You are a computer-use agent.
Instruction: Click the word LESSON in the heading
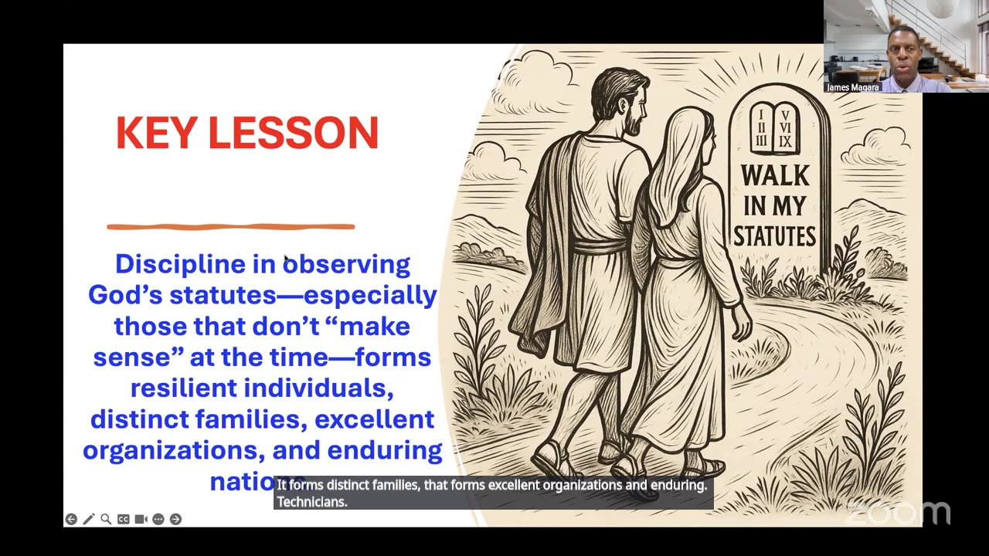[294, 134]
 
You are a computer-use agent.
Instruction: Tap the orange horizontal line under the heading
[230, 226]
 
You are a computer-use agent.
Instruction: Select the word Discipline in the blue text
[180, 264]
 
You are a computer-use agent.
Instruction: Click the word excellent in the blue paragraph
[374, 419]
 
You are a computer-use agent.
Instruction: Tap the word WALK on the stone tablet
[775, 176]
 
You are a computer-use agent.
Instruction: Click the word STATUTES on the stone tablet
[775, 236]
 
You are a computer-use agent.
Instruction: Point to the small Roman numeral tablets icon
[775, 127]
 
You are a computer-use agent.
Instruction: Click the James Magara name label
[853, 87]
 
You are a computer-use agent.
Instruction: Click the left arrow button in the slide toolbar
[71, 519]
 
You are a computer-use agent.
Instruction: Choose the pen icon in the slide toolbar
[88, 519]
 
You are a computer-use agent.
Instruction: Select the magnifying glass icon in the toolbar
[106, 519]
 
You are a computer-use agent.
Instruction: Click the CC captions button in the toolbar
[124, 519]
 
